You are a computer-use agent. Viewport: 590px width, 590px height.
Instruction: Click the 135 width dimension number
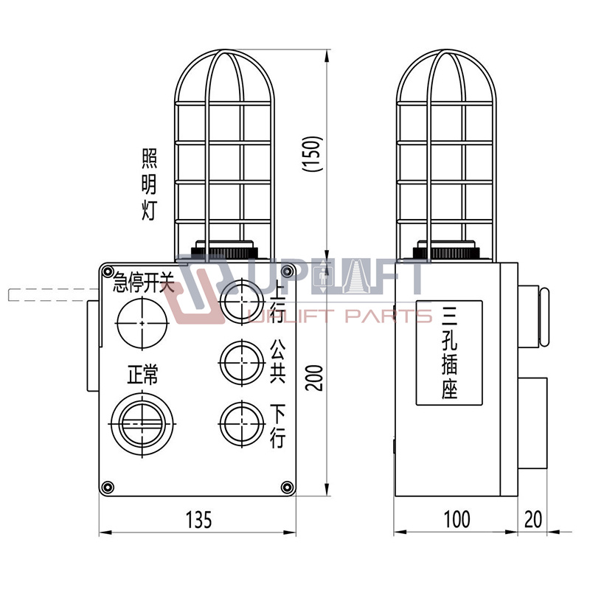pyautogui.click(x=198, y=519)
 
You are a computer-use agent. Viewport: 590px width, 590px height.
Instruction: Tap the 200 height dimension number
pyautogui.click(x=314, y=378)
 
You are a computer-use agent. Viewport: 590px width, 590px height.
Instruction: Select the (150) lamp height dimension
pyautogui.click(x=313, y=154)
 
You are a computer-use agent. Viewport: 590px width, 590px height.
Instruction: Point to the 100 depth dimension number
pyautogui.click(x=457, y=519)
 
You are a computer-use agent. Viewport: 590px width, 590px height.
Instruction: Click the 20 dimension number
pyautogui.click(x=532, y=519)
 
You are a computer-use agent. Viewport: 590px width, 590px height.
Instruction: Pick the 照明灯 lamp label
pyautogui.click(x=149, y=184)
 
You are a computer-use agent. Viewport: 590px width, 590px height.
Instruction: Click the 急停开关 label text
pyautogui.click(x=144, y=282)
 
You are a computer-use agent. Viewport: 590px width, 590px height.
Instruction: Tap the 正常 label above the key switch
pyautogui.click(x=142, y=375)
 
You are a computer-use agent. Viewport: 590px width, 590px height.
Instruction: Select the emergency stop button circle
pyautogui.click(x=142, y=323)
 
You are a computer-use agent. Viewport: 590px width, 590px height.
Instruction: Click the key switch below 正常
pyautogui.click(x=142, y=424)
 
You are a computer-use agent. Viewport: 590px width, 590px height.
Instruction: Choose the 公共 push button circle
pyautogui.click(x=242, y=362)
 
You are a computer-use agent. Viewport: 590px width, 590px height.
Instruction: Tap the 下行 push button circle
pyautogui.click(x=242, y=424)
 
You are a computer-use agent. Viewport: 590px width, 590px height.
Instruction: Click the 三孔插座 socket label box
pyautogui.click(x=449, y=353)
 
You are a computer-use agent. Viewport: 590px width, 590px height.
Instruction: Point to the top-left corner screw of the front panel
pyautogui.click(x=108, y=271)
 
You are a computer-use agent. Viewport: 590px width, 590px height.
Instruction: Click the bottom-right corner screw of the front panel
pyautogui.click(x=287, y=487)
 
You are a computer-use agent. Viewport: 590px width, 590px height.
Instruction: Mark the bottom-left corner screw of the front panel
pyautogui.click(x=108, y=487)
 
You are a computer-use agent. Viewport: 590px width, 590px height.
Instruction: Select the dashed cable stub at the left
pyautogui.click(x=53, y=294)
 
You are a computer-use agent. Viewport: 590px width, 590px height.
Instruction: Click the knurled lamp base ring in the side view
pyautogui.click(x=446, y=252)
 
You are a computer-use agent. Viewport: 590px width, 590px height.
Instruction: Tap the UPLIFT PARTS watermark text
pyautogui.click(x=340, y=316)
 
